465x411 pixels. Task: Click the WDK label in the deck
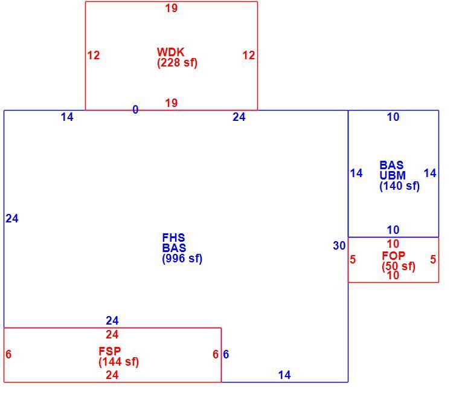tap(170, 52)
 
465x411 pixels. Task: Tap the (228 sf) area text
tap(177, 63)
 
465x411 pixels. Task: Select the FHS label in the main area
tap(173, 238)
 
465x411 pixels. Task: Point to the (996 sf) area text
tap(182, 259)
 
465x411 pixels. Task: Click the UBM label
tap(393, 175)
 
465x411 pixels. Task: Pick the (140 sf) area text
tap(399, 186)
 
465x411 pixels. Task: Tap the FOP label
tap(393, 256)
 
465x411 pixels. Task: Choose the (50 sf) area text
tap(399, 266)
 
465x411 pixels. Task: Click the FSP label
tap(110, 351)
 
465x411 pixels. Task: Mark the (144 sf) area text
tap(118, 361)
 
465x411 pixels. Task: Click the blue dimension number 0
tap(135, 109)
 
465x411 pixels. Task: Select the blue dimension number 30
tap(339, 245)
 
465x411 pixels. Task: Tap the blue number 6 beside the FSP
tap(226, 354)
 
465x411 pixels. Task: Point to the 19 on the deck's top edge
tap(172, 8)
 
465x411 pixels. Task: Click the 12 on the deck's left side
tap(94, 55)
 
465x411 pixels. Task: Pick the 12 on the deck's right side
tap(249, 55)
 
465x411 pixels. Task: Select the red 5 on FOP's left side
tap(352, 259)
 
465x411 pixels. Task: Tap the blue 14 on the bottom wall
tap(284, 375)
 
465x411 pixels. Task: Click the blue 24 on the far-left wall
tap(12, 218)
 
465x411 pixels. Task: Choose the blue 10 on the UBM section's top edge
tap(393, 117)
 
